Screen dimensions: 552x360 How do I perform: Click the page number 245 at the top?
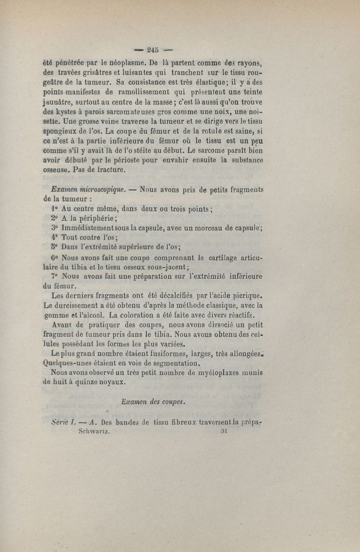pyautogui.click(x=153, y=50)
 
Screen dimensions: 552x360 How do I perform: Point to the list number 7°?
pyautogui.click(x=55, y=276)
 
